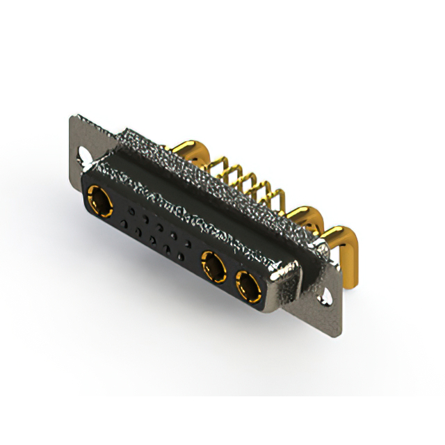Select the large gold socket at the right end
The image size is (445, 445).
(248, 284)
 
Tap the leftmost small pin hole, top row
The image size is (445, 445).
(129, 209)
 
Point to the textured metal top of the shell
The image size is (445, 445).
(209, 195)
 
